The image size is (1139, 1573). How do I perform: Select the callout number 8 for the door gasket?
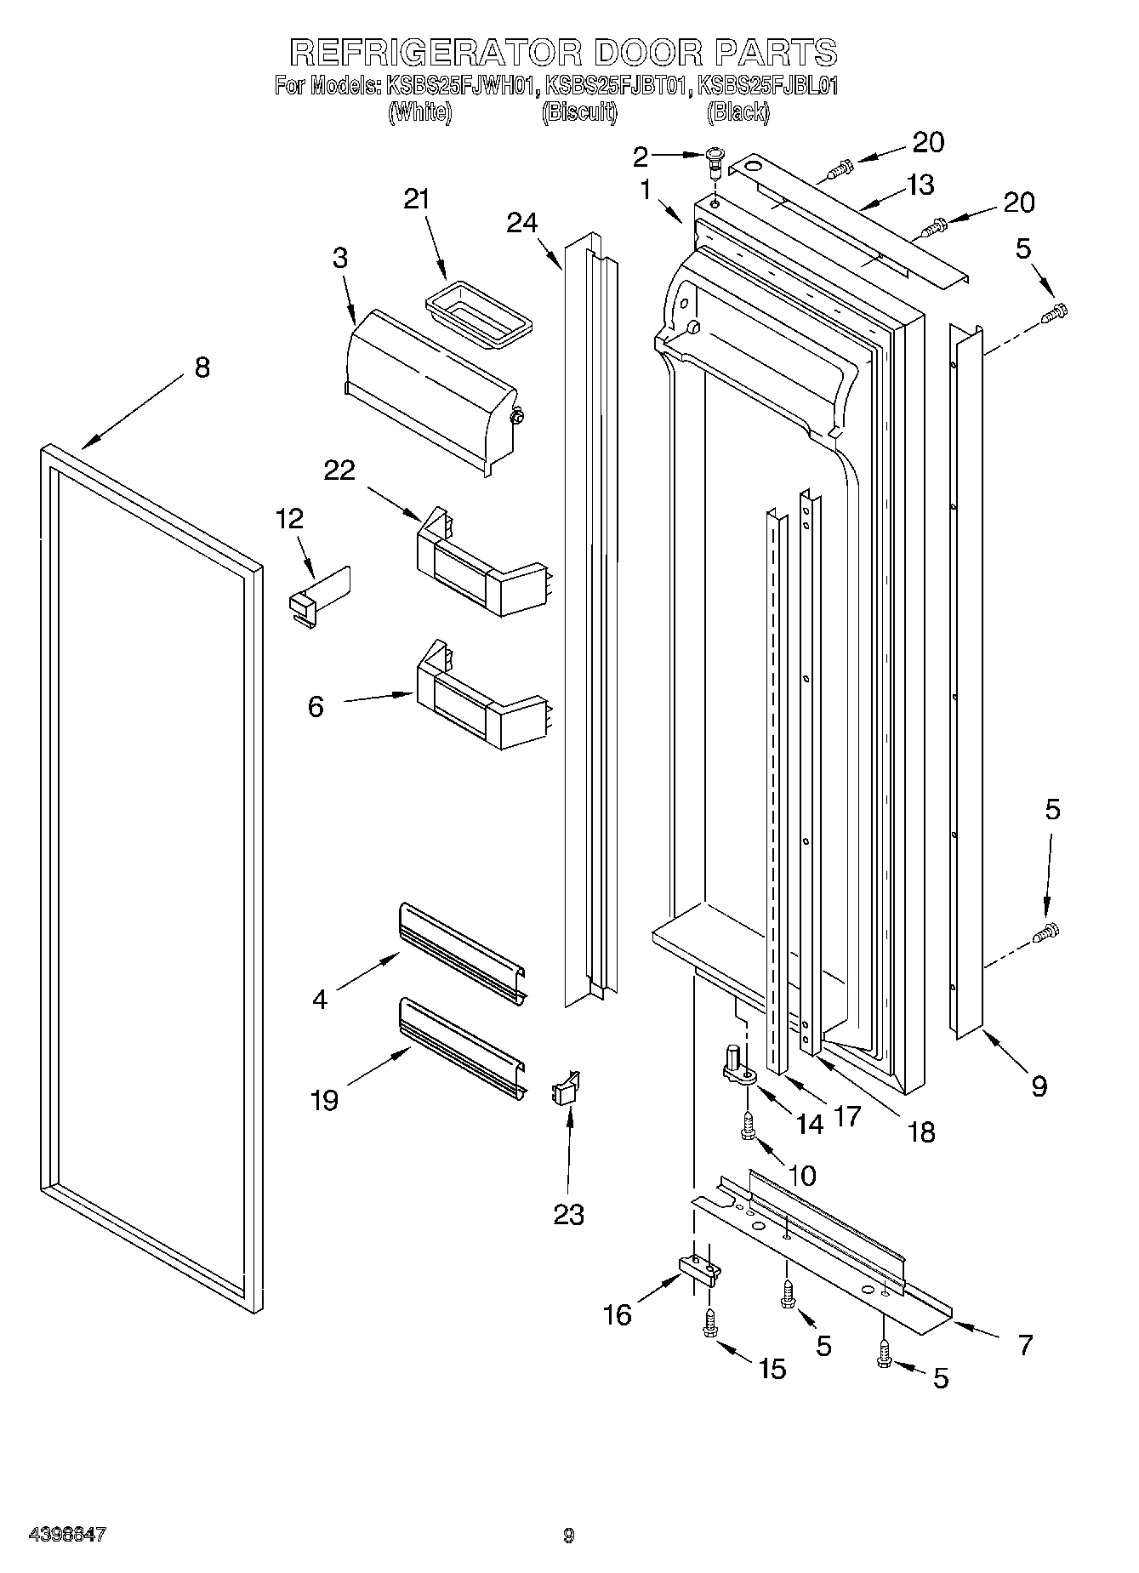point(202,368)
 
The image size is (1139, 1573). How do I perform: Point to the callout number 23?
point(568,1214)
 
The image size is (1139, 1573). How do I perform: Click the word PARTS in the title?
point(776,53)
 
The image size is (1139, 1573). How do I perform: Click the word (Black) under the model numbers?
point(738,112)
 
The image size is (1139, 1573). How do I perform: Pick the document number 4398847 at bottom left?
point(67,1535)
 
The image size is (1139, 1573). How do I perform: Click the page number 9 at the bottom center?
point(568,1536)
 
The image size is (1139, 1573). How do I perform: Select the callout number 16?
point(618,1314)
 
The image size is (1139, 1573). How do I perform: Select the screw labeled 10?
point(749,1126)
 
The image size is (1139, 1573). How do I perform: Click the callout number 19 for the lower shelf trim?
point(325,1100)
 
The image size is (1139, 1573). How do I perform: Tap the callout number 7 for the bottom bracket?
point(1025,1345)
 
